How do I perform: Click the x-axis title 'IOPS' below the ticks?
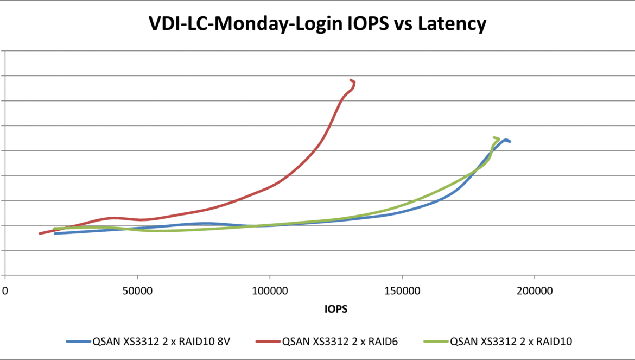tap(336, 309)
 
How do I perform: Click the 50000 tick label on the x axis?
tap(137, 292)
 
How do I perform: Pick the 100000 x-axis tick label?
tap(270, 292)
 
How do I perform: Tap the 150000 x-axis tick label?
tap(402, 292)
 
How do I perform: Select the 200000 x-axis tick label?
tap(534, 292)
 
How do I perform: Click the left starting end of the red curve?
tap(40, 233)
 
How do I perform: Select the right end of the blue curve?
tap(510, 141)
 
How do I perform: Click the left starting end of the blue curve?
tap(55, 233)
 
